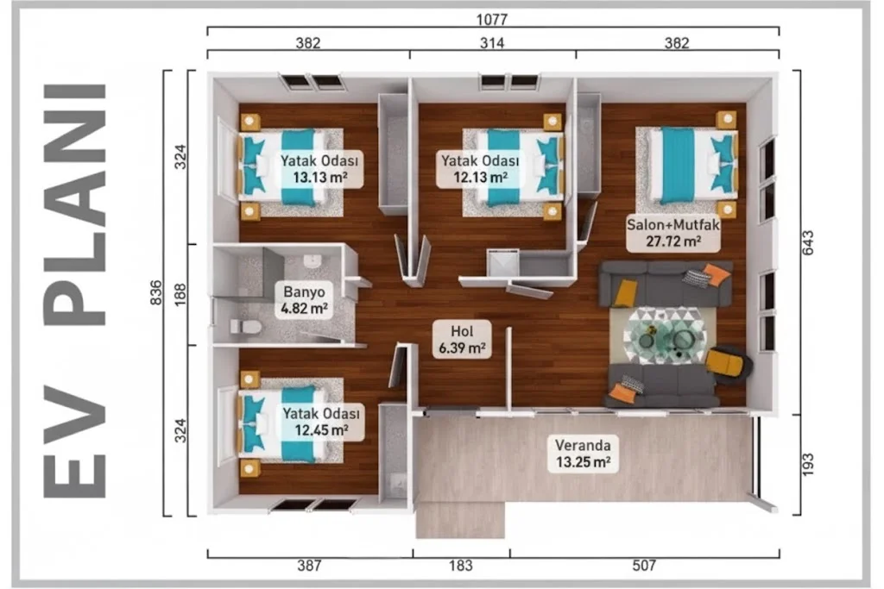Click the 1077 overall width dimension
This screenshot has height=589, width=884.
point(491,20)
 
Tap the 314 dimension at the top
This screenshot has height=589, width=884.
point(491,43)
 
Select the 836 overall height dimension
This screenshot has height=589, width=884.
point(155,293)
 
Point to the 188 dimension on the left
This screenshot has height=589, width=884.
point(180,295)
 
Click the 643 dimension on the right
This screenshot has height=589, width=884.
point(807,242)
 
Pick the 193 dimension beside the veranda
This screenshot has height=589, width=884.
point(807,465)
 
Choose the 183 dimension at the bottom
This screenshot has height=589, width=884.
point(461,566)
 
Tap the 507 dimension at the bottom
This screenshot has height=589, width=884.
point(644,566)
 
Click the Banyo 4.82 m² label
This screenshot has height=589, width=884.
point(304,300)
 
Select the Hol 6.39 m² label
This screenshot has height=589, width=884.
point(463,340)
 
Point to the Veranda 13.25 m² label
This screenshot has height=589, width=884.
point(583,454)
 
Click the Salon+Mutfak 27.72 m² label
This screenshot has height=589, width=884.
point(673,233)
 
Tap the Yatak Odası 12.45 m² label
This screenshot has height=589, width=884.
point(321,423)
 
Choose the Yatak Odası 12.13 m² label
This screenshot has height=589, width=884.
point(480,169)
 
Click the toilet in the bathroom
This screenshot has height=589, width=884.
point(245,327)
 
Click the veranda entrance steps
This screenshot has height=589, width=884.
point(460,519)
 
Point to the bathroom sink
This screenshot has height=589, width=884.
point(313,260)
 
